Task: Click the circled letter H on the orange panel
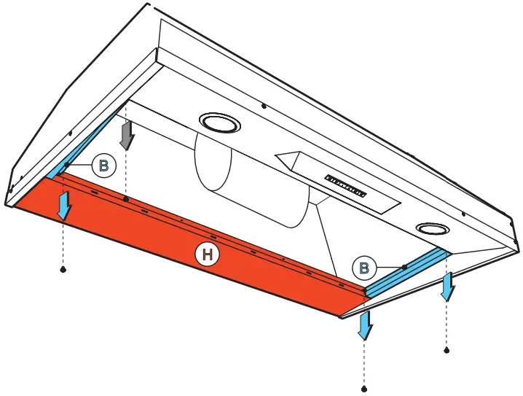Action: point(207,253)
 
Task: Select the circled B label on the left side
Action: point(103,166)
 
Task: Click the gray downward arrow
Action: point(127,135)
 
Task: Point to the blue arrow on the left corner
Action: point(65,205)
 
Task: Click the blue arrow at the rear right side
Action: point(447,286)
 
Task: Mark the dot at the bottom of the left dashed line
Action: point(63,270)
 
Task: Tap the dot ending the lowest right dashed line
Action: point(364,389)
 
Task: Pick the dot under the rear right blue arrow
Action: point(447,352)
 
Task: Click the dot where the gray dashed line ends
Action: point(127,199)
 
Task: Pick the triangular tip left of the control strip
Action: point(284,158)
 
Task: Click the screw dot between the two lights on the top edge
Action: point(263,106)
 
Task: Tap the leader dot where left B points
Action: point(66,165)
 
